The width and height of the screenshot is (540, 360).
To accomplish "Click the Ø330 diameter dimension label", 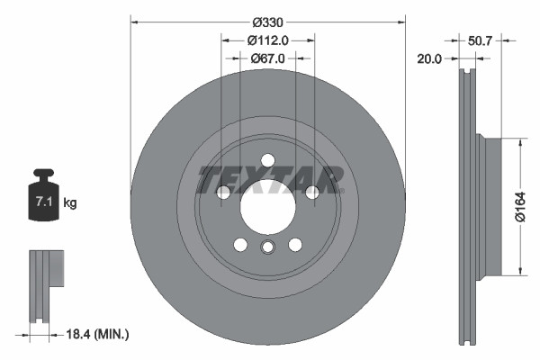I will (267, 21).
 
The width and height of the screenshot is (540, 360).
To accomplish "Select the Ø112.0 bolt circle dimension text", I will (267, 40).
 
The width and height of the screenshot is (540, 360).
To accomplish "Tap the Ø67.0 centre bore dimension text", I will (267, 58).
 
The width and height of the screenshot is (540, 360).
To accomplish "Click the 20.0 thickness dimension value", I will (431, 58).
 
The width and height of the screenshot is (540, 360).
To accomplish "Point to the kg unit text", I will (70, 203).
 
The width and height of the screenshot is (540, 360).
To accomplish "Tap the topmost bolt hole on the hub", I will (267, 160).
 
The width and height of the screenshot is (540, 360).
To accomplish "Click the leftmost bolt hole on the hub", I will (223, 192).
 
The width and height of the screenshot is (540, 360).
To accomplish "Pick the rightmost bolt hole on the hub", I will (311, 192).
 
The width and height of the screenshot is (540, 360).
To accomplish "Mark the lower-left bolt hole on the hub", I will (240, 244).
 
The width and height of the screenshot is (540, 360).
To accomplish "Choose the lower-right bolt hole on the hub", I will (294, 244).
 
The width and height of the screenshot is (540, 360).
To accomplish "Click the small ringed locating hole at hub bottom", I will (267, 249).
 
